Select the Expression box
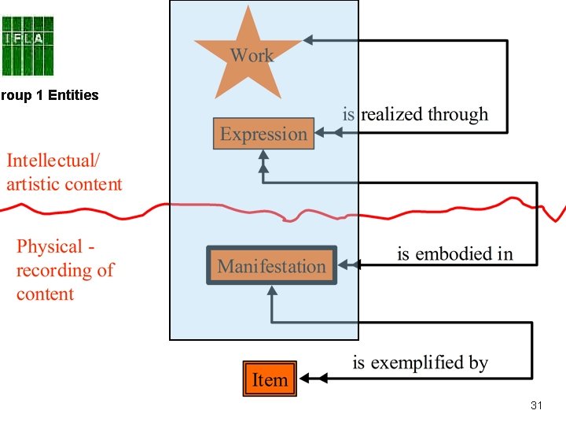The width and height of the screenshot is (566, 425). pyautogui.click(x=264, y=133)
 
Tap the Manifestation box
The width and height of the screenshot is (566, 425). pyautogui.click(x=271, y=265)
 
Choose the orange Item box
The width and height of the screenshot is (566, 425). pyautogui.click(x=270, y=379)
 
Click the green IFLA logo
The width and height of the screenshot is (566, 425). pyautogui.click(x=28, y=46)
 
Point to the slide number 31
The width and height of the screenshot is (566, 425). pyautogui.click(x=537, y=405)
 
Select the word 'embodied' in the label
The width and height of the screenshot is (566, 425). pyautogui.click(x=455, y=253)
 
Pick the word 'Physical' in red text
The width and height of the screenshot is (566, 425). pyautogui.click(x=50, y=246)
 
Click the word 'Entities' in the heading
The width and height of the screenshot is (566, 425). pyautogui.click(x=73, y=95)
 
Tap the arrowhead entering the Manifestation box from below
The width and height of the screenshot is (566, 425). pyautogui.click(x=272, y=290)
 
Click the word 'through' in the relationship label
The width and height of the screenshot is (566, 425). pyautogui.click(x=456, y=115)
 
